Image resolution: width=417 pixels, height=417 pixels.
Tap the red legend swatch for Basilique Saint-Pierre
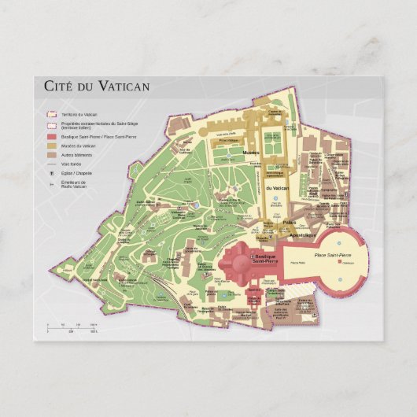click(50, 136)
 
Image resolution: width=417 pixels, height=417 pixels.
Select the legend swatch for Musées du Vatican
click(50, 146)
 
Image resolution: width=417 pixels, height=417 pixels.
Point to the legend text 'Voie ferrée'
click(71, 164)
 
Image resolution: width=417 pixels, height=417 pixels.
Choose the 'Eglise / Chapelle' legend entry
click(75, 173)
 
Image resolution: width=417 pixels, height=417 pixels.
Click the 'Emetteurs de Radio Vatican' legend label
click(76, 184)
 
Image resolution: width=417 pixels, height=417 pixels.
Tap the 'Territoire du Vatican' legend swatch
click(50, 114)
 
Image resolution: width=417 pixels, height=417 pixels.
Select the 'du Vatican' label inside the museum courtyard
click(276, 188)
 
